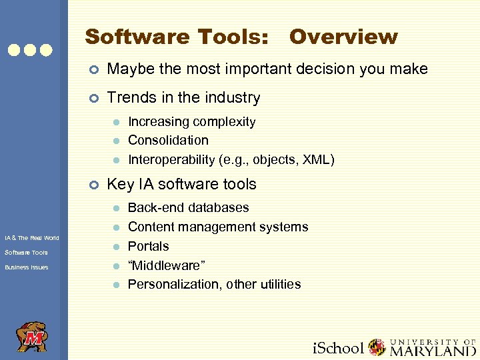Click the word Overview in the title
(x=343, y=37)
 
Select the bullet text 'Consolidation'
(x=168, y=141)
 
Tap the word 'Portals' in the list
(x=148, y=246)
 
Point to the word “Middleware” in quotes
(x=166, y=265)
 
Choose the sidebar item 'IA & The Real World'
(x=31, y=238)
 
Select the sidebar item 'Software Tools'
(x=26, y=253)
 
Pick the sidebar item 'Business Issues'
(x=26, y=267)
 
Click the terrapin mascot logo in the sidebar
(x=31, y=337)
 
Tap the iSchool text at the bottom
(x=339, y=348)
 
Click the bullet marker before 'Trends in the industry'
(x=94, y=98)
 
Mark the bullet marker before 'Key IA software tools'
(x=94, y=185)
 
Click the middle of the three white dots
(x=31, y=50)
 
